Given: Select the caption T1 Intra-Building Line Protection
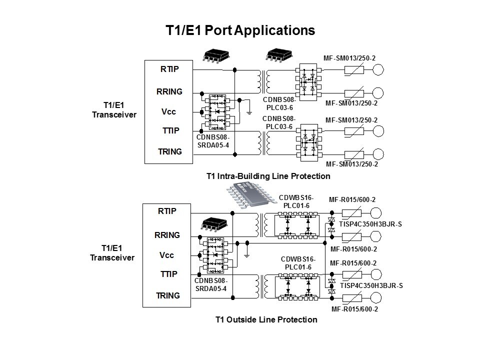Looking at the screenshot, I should [268, 176].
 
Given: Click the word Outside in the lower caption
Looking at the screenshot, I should [250, 319].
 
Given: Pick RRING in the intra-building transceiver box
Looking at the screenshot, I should [169, 91].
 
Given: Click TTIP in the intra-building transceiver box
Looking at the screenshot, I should [171, 131].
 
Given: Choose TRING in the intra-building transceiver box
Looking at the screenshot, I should [170, 151].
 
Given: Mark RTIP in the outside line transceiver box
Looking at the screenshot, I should [167, 211].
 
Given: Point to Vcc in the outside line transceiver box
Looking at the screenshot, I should [166, 255].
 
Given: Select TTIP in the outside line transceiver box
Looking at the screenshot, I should [168, 274].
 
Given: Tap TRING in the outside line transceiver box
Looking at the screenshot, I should [168, 295].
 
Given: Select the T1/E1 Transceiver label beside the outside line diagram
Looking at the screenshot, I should [112, 253].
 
